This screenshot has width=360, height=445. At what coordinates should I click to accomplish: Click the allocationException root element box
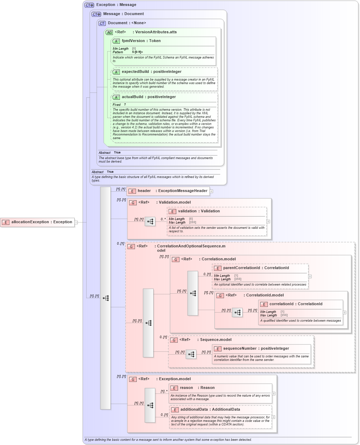[37, 222]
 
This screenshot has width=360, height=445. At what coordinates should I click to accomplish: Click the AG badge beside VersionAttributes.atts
[109, 32]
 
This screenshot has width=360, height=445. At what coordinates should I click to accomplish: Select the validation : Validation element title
[198, 211]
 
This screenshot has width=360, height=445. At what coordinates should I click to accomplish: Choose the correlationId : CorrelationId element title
[296, 304]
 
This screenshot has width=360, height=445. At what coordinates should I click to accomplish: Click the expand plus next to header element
[211, 191]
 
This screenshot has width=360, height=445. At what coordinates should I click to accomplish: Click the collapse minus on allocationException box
[76, 222]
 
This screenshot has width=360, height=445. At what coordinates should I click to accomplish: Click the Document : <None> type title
[127, 23]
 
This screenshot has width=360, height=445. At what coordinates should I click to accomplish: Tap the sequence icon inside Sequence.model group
[191, 354]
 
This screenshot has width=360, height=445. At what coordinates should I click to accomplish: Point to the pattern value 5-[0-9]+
[137, 52]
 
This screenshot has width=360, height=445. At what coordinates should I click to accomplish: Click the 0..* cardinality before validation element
[163, 219]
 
